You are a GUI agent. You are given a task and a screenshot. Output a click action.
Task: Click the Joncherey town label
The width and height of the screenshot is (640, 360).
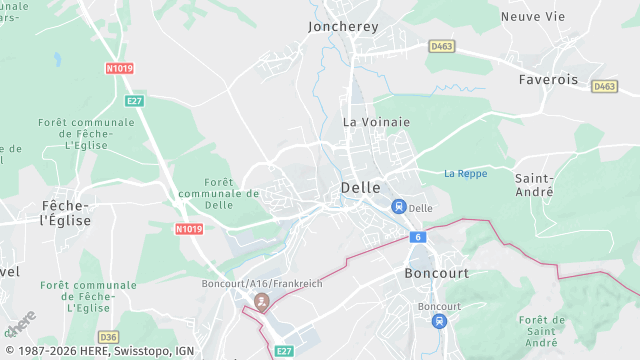pyautogui.click(x=343, y=27)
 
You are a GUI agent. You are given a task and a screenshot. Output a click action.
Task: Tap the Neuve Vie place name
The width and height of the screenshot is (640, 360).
pyautogui.click(x=533, y=16)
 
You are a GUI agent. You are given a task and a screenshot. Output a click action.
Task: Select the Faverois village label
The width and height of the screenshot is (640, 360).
pyautogui.click(x=549, y=78)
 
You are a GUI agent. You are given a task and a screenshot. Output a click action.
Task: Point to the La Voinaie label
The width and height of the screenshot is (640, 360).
pyautogui.click(x=377, y=122)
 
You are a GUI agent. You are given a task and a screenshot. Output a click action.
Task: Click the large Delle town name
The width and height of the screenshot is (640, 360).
pyautogui.click(x=360, y=187)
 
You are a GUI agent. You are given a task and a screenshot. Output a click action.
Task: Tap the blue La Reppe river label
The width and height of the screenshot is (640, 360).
pyautogui.click(x=465, y=173)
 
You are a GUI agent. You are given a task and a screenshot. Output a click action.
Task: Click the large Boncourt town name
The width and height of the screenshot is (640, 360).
pyautogui.click(x=436, y=273)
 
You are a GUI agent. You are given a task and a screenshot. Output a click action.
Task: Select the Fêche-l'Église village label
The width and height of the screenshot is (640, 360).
pyautogui.click(x=66, y=212)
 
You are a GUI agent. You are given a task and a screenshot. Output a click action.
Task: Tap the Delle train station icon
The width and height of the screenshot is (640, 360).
pyautogui.click(x=398, y=207)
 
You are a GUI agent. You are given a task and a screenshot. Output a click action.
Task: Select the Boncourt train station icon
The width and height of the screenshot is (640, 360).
pyautogui.click(x=438, y=321)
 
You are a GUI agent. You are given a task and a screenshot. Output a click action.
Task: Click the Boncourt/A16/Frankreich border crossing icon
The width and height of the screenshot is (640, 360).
pyautogui.click(x=262, y=300)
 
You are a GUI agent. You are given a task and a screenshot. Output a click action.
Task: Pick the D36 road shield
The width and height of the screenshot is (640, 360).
pyautogui.click(x=108, y=336)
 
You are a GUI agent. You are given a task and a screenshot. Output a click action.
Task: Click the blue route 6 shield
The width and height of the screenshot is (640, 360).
pyautogui.click(x=416, y=237)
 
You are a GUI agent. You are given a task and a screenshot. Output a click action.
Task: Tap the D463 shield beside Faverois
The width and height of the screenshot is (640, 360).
pyautogui.click(x=604, y=87)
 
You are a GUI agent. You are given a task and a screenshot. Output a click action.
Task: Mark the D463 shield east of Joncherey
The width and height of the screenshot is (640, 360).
pyautogui.click(x=441, y=46)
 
